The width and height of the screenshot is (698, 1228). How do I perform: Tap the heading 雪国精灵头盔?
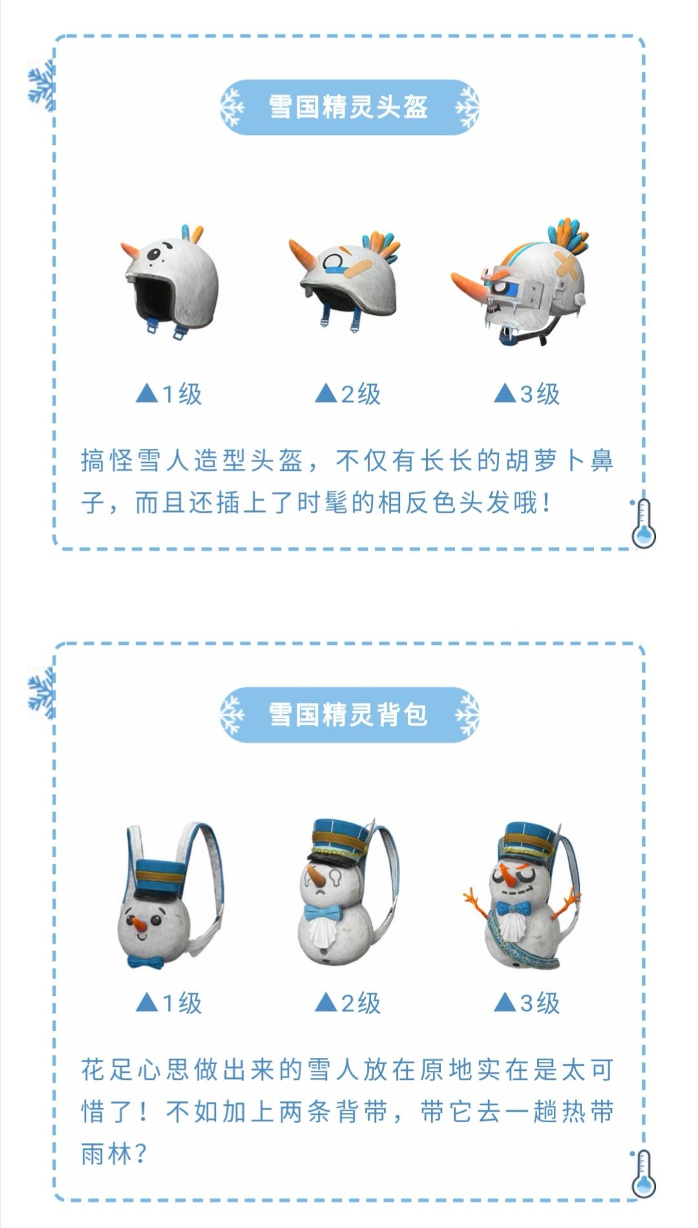coord(348,107)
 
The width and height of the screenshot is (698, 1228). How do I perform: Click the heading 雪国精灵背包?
coord(348,715)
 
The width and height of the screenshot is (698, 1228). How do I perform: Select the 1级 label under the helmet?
coord(169,393)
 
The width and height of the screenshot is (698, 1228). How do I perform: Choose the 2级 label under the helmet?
coord(348,393)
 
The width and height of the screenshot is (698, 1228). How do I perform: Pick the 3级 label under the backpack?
coord(527,1003)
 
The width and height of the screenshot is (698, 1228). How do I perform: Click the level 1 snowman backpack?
coord(171,896)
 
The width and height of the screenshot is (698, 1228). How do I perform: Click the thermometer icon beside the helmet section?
coord(642,523)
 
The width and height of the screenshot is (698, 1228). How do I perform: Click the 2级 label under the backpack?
coord(348,1003)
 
